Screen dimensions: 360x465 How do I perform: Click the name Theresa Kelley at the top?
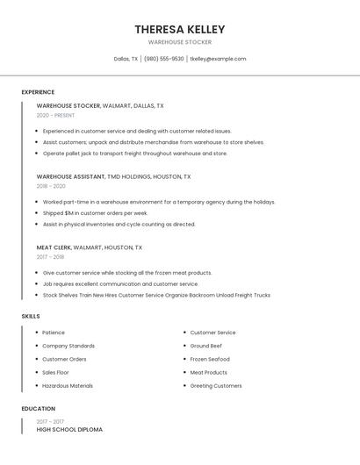tap(179, 29)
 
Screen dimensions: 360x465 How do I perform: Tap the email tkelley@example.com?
tap(218, 59)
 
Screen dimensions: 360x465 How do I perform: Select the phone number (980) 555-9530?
tap(164, 59)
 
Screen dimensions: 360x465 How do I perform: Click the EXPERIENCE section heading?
tap(38, 92)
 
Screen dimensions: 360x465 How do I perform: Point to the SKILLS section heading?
tap(31, 316)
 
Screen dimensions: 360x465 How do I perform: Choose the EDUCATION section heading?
tap(39, 409)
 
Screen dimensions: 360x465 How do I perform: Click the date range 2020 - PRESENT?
tap(55, 115)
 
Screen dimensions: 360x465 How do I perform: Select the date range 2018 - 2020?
tap(51, 186)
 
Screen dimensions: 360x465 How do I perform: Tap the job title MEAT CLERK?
tap(54, 247)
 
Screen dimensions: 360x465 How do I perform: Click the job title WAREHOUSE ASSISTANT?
tap(70, 176)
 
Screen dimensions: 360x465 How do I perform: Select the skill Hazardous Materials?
tap(68, 385)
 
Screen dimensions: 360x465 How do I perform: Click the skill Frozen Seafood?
tap(211, 359)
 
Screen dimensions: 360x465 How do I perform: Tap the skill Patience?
tap(54, 333)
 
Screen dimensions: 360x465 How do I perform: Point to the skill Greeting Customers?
tap(216, 385)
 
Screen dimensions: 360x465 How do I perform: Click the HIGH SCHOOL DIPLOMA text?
tap(69, 430)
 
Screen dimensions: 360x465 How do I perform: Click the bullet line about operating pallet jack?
tap(134, 154)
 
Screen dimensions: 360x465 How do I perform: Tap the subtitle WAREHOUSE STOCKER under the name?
tap(179, 42)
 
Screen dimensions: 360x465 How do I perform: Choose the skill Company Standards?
tap(68, 346)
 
